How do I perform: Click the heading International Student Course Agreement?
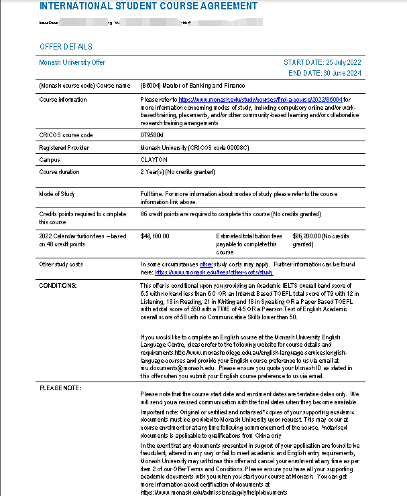pyautogui.click(x=148, y=6)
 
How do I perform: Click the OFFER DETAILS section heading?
pyautogui.click(x=66, y=47)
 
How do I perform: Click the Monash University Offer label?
pyautogui.click(x=72, y=62)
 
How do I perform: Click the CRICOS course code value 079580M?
pyautogui.click(x=155, y=135)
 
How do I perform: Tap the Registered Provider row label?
pyautogui.click(x=62, y=147)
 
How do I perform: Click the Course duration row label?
pyautogui.click(x=58, y=172)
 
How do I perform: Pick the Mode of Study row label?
pyautogui.click(x=57, y=193)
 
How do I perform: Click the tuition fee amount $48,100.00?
pyautogui.click(x=155, y=236)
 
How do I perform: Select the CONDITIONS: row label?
pyautogui.click(x=58, y=285)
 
